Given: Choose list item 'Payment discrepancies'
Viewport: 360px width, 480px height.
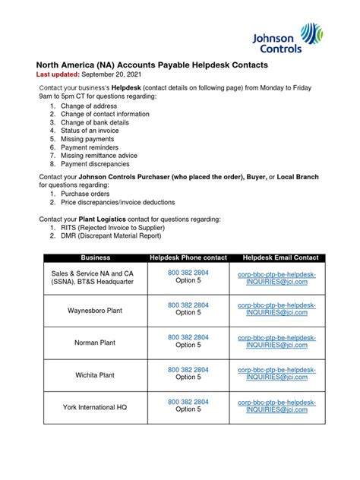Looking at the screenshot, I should coord(95,163).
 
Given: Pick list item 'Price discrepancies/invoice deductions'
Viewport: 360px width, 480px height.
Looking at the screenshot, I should coord(118,203).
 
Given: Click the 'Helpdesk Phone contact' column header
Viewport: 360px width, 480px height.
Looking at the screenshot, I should coord(188,258).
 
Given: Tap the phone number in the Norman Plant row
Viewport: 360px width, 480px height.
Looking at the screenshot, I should coord(188,336).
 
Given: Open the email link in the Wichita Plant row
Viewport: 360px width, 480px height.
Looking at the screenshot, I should coord(278,372).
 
